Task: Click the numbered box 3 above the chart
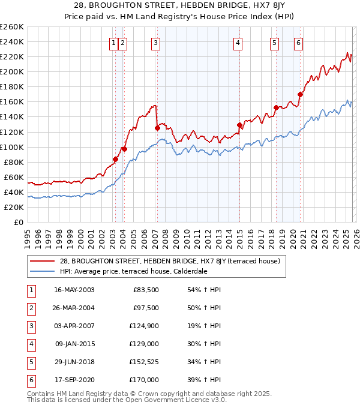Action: [155, 43]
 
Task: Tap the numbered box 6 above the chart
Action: [298, 43]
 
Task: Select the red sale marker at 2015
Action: [239, 125]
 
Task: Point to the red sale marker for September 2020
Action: [300, 94]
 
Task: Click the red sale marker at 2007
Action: [157, 128]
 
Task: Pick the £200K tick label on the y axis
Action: [12, 71]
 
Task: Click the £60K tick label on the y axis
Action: [14, 177]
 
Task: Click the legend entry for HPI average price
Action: [133, 271]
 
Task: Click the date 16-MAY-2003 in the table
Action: [74, 290]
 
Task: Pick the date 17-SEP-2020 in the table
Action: [74, 380]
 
